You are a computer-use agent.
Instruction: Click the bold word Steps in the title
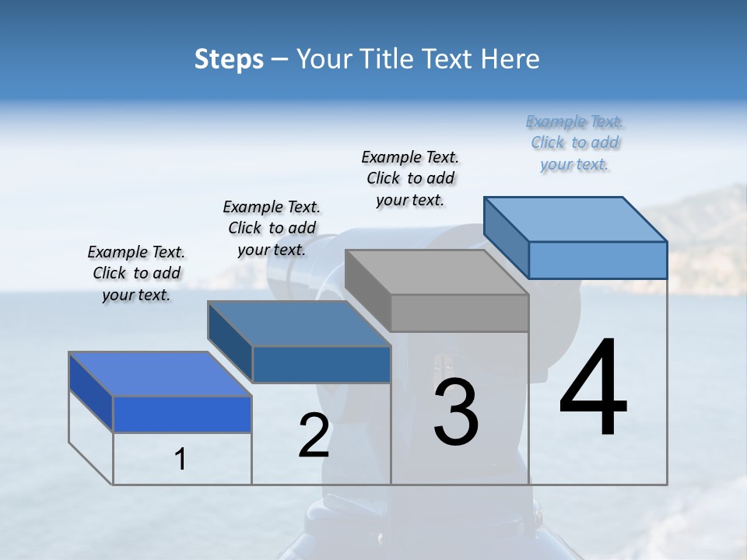pos(229,60)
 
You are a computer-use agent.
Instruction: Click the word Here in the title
pos(510,60)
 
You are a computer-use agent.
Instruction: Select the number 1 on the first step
pos(181,460)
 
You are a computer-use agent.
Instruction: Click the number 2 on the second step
pos(314,436)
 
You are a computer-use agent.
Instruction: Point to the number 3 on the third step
pos(456,412)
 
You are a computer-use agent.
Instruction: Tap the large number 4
pos(593,389)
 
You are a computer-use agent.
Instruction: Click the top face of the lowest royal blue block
pos(160,374)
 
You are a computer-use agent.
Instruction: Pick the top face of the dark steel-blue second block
pos(299,324)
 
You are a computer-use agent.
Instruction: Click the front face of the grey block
pos(459,313)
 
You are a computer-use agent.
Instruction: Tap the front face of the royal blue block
pos(182,414)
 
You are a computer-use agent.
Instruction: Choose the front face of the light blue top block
pos(598,260)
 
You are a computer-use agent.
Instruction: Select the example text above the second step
pos(272,228)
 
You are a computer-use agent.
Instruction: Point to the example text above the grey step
pos(410,178)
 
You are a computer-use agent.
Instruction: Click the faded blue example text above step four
pos(574,142)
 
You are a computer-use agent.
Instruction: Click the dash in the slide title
pos(280,60)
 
